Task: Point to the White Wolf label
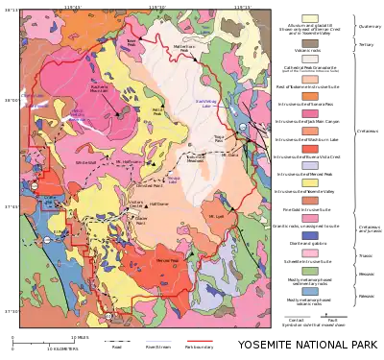76,164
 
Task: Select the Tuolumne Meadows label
195,157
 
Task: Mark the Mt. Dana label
228,152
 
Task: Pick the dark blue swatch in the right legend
309,234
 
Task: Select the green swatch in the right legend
309,272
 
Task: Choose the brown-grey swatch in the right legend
309,43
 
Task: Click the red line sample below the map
199,341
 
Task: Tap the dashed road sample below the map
114,341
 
